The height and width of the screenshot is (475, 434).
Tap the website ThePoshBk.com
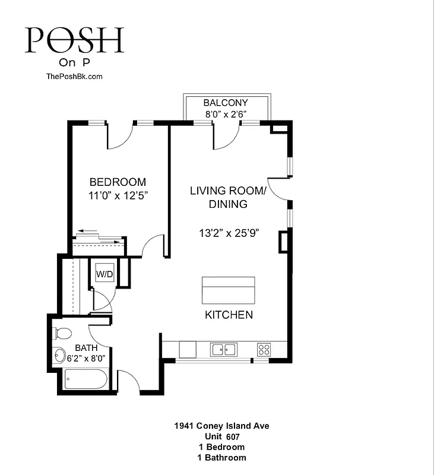pyautogui.click(x=74, y=76)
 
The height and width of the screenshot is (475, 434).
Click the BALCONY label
pyautogui.click(x=226, y=103)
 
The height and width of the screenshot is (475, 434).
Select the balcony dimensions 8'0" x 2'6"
pyautogui.click(x=226, y=113)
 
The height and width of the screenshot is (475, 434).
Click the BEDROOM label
pyautogui.click(x=118, y=182)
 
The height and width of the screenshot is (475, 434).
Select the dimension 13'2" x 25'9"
pyautogui.click(x=229, y=233)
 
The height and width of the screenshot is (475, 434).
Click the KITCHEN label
pyautogui.click(x=229, y=315)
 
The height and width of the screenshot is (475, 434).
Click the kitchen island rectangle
pyautogui.click(x=229, y=290)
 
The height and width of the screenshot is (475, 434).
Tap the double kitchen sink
pyautogui.click(x=224, y=350)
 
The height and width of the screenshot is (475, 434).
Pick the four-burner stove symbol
pyautogui.click(x=264, y=349)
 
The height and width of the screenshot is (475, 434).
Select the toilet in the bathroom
pyautogui.click(x=62, y=332)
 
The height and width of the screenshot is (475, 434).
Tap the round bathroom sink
pyautogui.click(x=59, y=356)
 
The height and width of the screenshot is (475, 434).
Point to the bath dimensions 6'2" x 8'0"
pyautogui.click(x=86, y=359)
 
